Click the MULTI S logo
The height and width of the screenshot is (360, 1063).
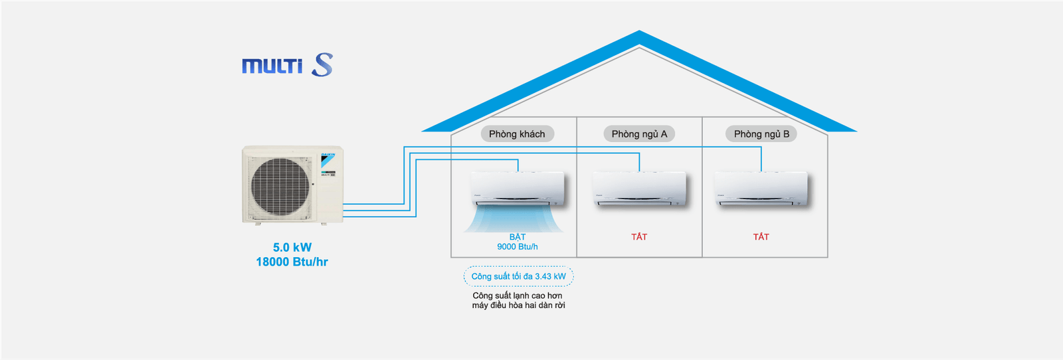287,65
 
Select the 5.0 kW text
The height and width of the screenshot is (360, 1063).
292,248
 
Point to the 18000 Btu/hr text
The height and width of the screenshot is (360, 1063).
292,262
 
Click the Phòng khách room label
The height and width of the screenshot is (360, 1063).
517,134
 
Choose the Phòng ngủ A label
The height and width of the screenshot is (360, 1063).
639,134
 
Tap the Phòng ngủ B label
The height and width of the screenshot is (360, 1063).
761,134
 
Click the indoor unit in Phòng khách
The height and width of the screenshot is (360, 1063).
518,189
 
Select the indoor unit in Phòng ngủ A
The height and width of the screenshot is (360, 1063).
640,189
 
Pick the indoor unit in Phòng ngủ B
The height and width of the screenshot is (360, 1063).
761,189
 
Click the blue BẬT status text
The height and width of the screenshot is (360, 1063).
518,237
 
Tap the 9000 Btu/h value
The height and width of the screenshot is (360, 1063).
518,247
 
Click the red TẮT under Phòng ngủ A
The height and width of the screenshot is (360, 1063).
639,237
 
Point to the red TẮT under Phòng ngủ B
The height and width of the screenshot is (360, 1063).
761,237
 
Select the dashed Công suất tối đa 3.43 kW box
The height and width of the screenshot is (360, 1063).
518,276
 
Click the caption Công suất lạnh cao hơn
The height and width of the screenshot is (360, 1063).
518,296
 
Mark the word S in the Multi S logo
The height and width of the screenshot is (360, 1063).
322,64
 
